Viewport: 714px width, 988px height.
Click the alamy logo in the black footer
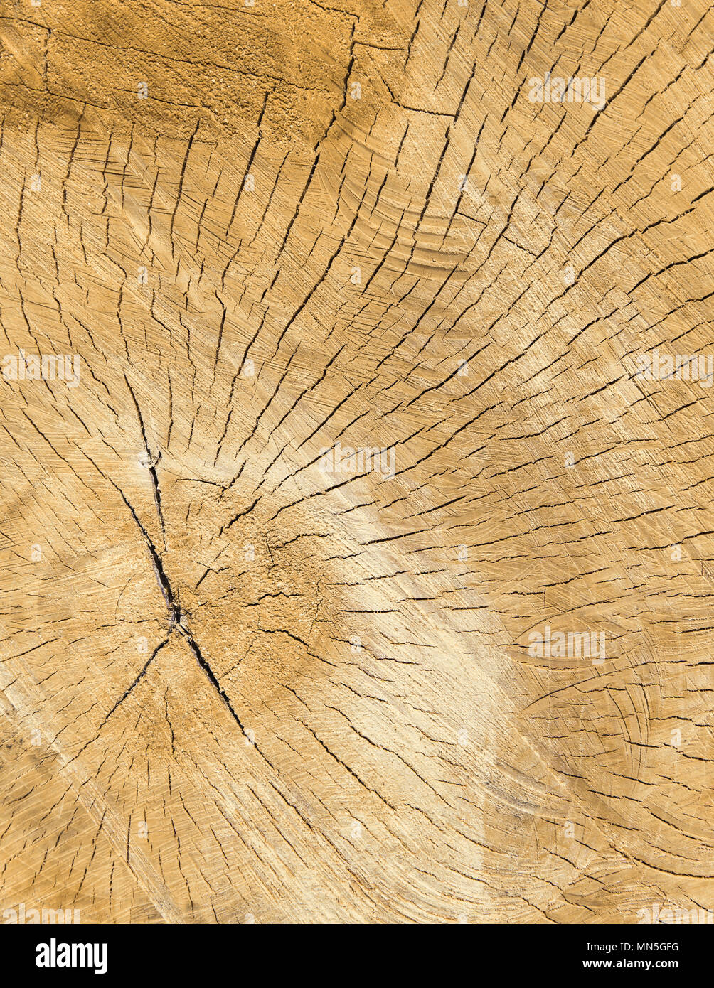(71, 955)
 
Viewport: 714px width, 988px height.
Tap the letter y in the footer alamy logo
(102, 957)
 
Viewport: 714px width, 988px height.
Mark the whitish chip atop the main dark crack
(149, 459)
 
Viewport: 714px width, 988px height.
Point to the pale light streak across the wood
(427, 640)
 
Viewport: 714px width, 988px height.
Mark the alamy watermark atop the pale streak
(356, 461)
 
